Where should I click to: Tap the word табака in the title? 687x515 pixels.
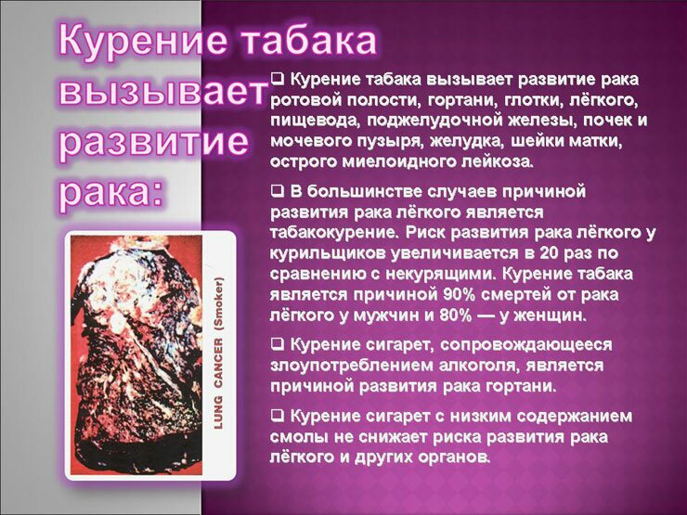tap(309, 40)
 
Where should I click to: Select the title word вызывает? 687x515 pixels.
tap(162, 91)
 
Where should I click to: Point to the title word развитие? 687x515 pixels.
tap(153, 142)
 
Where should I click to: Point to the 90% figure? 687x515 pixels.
tap(459, 294)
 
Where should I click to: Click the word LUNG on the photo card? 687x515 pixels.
tap(218, 413)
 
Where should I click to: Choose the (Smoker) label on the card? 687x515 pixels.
tap(218, 303)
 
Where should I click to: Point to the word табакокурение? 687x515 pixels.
tap(333, 233)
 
